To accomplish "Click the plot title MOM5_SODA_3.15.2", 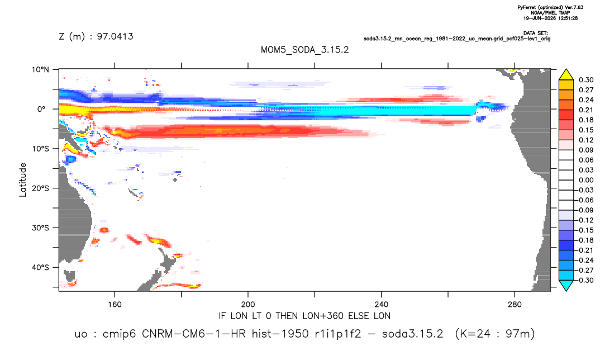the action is pos(304,50).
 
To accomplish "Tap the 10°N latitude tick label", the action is pos(40,70).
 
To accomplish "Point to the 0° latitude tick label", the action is pos(41,109).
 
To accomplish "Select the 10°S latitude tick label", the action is pos(40,149).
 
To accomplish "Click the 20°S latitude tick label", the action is pos(40,188).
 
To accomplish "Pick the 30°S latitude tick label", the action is pos(40,228).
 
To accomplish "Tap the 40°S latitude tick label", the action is pos(40,267).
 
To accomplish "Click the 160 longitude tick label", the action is pos(115,305).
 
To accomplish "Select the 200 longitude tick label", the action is pos(248,305).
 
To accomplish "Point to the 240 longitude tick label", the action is pos(381,305).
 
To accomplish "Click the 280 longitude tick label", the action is pos(515,305).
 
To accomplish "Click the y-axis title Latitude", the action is pos(23,180).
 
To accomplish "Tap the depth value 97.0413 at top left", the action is pos(115,37).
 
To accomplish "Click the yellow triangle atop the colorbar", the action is pos(566,74).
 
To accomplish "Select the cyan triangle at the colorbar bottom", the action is pos(566,286).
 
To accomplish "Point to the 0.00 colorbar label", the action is pos(586,180).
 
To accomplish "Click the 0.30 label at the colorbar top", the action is pos(586,80).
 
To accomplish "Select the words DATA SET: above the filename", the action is pos(536,34).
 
